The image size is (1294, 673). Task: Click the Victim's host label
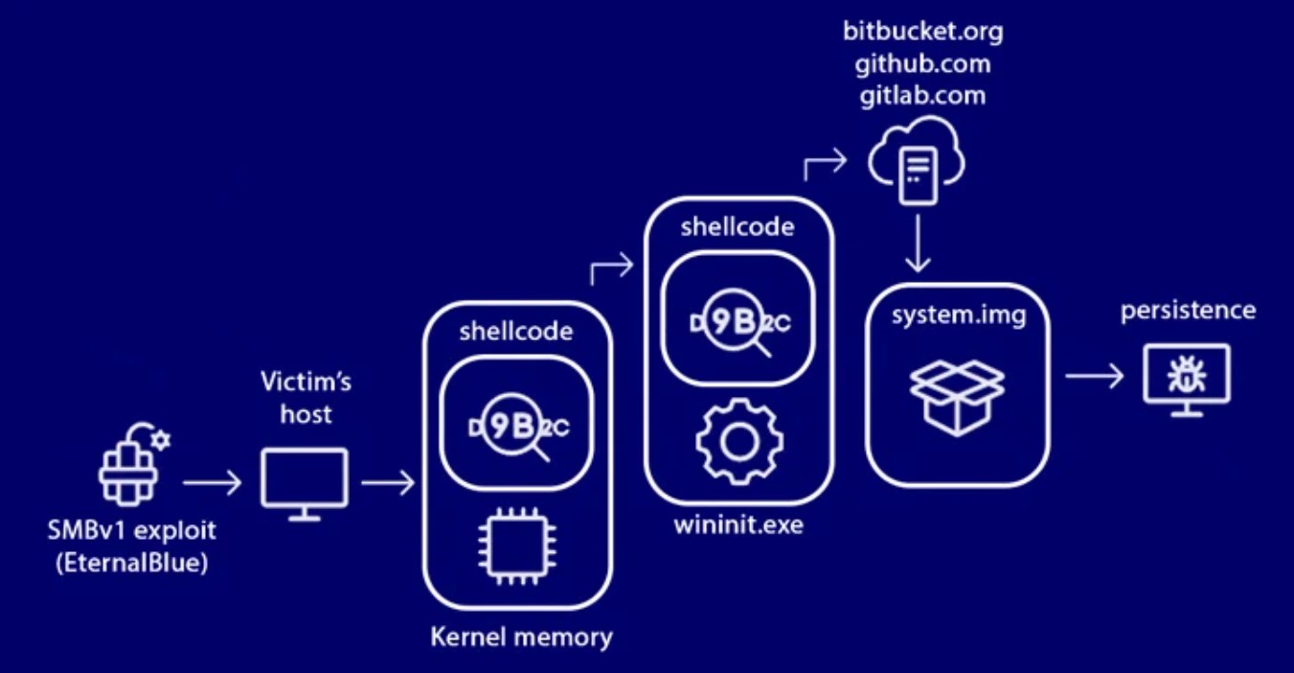[306, 398]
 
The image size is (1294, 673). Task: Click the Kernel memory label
[521, 637]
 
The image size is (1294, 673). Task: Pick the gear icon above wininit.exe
[738, 439]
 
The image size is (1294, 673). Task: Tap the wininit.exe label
[738, 524]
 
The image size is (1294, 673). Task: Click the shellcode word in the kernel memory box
[516, 332]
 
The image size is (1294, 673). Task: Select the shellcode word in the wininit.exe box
[738, 226]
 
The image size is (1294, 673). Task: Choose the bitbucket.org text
[922, 32]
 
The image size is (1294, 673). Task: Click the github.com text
[922, 64]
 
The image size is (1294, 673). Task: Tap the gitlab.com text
[922, 96]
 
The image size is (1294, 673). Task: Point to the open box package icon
[957, 395]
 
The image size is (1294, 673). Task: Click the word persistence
[1188, 311]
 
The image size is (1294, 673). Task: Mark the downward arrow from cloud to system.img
[918, 244]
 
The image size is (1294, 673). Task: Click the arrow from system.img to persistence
[1094, 376]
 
